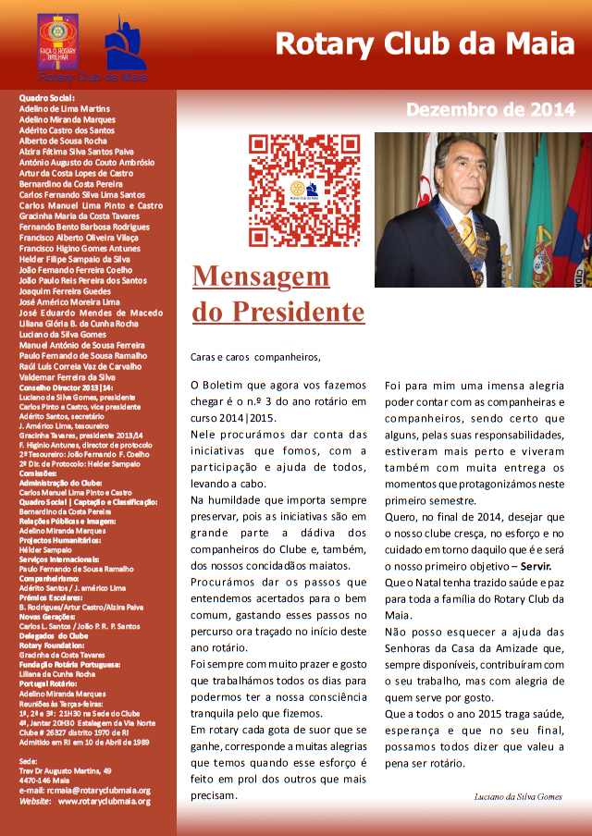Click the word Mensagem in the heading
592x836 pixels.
tap(261, 277)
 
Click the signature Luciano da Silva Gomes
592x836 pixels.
tap(517, 796)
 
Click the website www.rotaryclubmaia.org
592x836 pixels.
tap(104, 801)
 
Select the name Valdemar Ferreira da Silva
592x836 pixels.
tap(67, 376)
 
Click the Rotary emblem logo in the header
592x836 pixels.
tap(57, 42)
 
